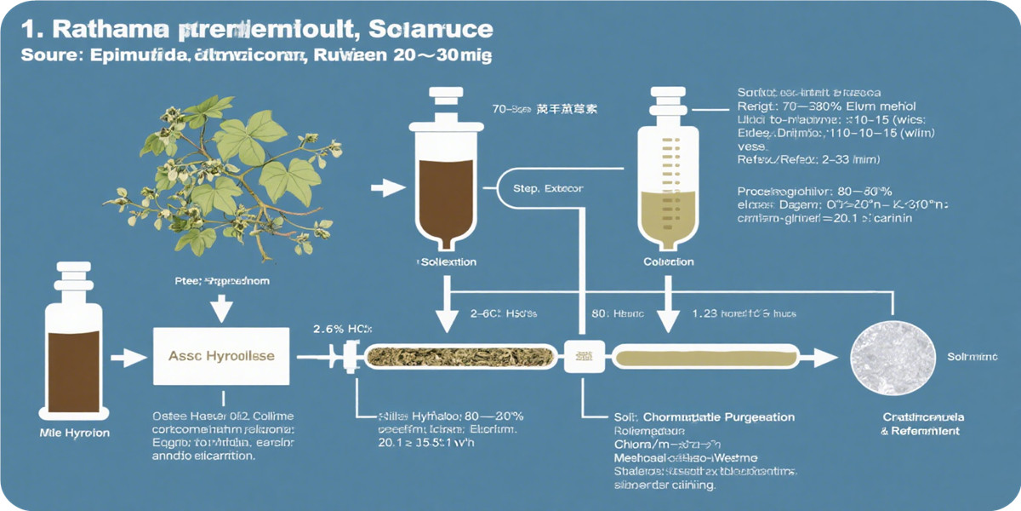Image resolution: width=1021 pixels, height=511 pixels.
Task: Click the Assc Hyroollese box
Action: point(221,356)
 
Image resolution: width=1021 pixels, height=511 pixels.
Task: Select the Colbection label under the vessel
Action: point(668,262)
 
